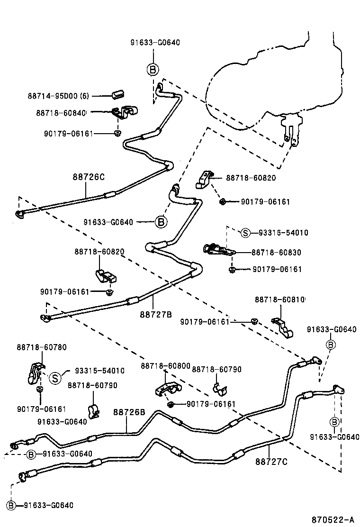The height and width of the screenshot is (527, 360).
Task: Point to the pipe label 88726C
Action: [x=88, y=177]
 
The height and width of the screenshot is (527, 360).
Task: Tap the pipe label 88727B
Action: [x=155, y=313]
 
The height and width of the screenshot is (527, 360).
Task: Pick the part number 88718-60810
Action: [x=280, y=300]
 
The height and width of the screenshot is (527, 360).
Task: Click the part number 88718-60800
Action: [x=165, y=366]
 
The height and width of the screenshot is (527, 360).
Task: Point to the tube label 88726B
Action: [x=129, y=412]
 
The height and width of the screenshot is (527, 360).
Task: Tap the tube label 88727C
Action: [x=271, y=460]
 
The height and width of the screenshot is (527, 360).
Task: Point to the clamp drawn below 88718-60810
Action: [x=283, y=327]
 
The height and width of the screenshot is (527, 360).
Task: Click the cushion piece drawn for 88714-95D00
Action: [x=117, y=93]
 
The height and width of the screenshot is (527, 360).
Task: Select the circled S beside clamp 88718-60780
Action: [x=55, y=378]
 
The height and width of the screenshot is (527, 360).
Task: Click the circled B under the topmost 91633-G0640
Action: [x=152, y=69]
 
